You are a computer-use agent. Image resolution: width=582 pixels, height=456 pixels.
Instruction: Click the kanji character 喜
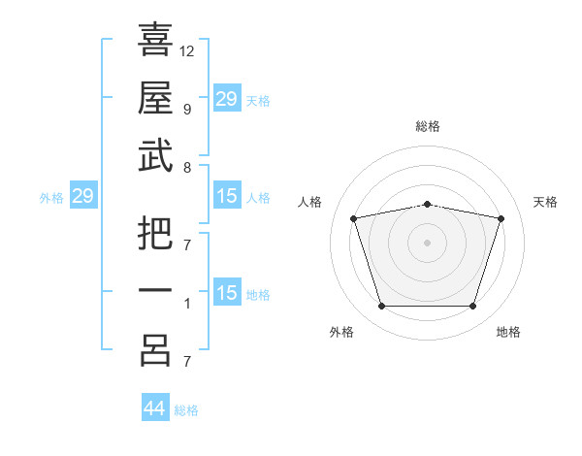[155, 40]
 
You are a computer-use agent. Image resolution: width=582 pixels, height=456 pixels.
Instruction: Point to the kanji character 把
[155, 234]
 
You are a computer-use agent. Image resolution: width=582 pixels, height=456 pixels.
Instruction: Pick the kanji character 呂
[155, 350]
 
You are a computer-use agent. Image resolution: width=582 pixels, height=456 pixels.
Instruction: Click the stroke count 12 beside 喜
[187, 51]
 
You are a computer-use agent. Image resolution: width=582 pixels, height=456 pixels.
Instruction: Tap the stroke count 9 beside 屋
[186, 110]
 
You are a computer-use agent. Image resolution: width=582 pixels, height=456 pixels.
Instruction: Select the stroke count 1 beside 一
[186, 304]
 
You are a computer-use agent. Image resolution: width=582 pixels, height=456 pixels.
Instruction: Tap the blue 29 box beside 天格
[226, 99]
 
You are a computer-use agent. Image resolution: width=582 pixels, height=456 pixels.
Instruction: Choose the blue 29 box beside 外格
[82, 197]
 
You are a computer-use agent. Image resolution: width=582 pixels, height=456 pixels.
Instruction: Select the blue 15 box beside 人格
[226, 197]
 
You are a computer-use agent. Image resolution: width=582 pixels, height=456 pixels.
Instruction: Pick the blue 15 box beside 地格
[226, 293]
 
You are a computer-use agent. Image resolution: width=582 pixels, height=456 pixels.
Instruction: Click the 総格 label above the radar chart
[427, 126]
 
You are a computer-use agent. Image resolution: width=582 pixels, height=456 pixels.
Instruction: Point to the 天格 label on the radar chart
[545, 202]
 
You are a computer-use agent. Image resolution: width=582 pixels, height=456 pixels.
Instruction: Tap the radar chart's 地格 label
[508, 332]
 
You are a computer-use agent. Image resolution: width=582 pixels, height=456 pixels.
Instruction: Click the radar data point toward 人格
[354, 218]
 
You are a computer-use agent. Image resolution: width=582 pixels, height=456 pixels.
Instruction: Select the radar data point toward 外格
[381, 307]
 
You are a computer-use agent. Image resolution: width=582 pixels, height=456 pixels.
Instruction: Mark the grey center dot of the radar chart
[427, 242]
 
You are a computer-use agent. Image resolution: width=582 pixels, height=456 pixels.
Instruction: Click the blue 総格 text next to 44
[186, 410]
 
